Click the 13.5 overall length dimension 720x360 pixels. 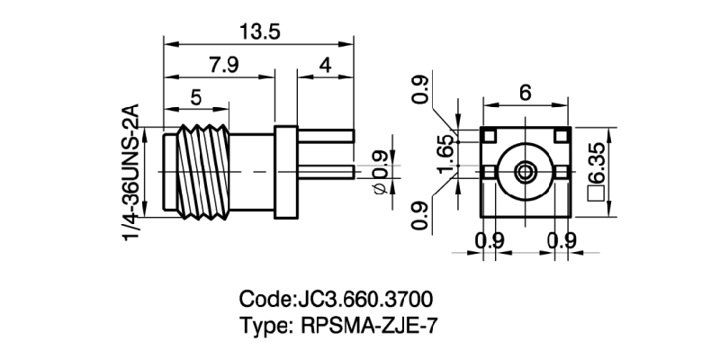[x=259, y=31]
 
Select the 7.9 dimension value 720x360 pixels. [x=223, y=66]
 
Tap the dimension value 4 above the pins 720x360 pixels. [x=325, y=66]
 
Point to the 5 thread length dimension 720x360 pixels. [x=195, y=97]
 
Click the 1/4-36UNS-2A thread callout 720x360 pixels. [x=131, y=172]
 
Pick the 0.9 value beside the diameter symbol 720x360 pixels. [x=379, y=162]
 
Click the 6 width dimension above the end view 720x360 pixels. [x=526, y=91]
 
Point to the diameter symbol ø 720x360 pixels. [x=379, y=186]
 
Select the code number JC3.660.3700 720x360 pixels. [x=367, y=298]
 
